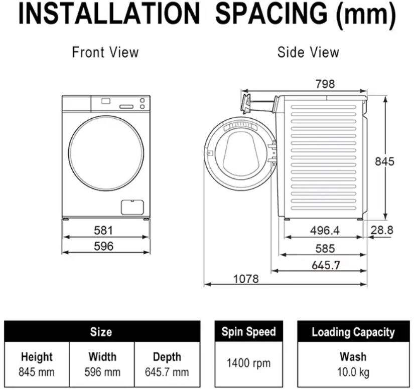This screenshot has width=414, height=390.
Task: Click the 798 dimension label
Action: point(325,84)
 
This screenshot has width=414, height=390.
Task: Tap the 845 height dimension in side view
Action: point(384,161)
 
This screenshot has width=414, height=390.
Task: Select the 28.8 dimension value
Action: point(382,230)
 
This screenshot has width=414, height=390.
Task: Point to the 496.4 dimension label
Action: point(325,231)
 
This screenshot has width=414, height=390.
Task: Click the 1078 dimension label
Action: point(246,279)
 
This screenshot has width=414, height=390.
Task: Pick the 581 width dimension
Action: point(103,231)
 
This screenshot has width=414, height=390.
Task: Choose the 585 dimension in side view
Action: point(325,249)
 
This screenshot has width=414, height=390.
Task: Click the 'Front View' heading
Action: point(105,52)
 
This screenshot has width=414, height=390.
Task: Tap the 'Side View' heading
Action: point(308,52)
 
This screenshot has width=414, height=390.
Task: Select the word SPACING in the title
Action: point(271,14)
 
